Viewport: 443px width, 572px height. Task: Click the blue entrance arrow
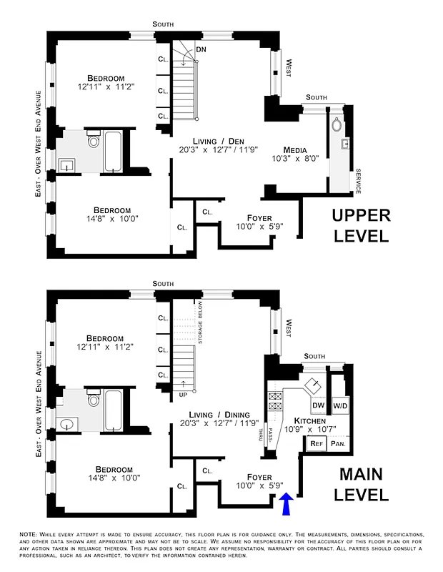(286, 505)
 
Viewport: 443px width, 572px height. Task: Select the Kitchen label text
(309, 422)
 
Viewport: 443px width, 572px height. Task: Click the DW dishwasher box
(319, 406)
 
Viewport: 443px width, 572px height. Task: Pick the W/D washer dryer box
(339, 406)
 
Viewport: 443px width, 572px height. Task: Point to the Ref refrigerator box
(316, 444)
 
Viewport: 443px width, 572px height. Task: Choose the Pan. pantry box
(338, 444)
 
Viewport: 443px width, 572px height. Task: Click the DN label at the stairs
(201, 50)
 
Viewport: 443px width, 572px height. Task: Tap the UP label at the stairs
(184, 395)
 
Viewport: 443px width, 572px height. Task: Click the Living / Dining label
(219, 415)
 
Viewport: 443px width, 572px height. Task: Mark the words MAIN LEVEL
(363, 484)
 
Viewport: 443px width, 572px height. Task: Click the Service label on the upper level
(358, 182)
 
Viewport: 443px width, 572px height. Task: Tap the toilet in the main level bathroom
(94, 399)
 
